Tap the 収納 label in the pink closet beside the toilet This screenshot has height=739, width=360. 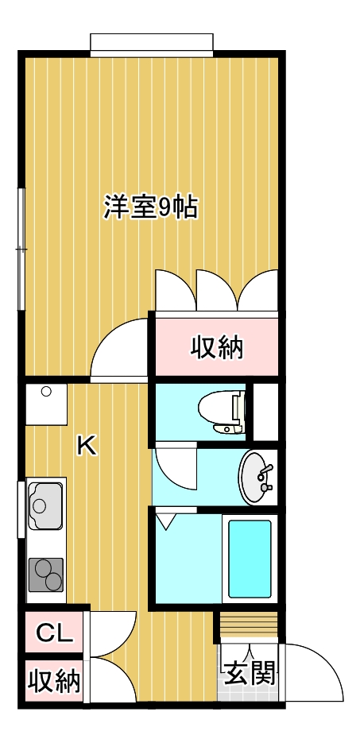point(216,347)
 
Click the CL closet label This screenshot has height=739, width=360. point(55,633)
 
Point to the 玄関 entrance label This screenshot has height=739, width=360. point(248,674)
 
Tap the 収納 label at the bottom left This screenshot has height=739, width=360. point(55,681)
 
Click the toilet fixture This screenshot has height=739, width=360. point(219,412)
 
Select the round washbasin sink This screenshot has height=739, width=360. point(255,478)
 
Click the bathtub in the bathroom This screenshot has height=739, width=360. point(250,558)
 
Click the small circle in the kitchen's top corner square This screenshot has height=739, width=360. point(46,391)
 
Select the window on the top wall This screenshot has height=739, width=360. point(151,44)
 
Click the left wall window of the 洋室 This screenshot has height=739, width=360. point(21,249)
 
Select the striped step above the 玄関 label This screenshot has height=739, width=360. point(248,626)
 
